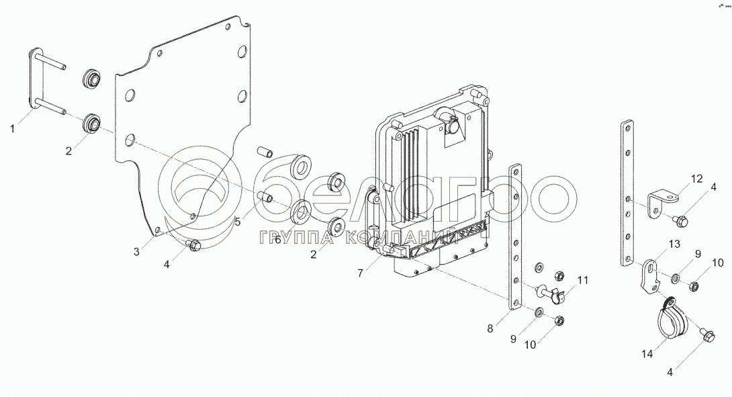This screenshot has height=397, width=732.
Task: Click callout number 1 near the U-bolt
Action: tap(13, 128)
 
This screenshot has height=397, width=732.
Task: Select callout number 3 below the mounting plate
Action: tap(136, 252)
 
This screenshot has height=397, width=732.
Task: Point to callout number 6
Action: tap(277, 240)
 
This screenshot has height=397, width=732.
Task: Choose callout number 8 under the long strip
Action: tap(490, 328)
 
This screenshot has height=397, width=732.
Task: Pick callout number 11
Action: tap(582, 279)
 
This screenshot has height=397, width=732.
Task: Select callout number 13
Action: tap(675, 244)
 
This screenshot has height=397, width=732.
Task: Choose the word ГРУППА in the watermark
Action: tap(287, 237)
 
